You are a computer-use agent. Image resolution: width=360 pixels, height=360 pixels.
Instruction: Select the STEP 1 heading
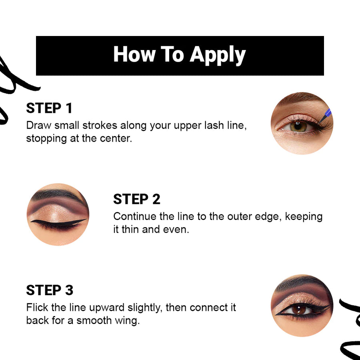click(x=49, y=108)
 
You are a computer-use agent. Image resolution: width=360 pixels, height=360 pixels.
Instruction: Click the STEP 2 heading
click(x=136, y=199)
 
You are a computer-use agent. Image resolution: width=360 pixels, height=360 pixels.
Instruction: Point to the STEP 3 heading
click(x=50, y=290)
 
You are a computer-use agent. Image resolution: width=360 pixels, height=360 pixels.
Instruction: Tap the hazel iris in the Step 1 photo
click(x=298, y=127)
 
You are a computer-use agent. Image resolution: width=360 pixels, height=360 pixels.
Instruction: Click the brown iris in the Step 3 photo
click(x=298, y=309)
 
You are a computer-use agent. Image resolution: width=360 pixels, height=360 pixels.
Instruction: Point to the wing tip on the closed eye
click(x=85, y=220)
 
